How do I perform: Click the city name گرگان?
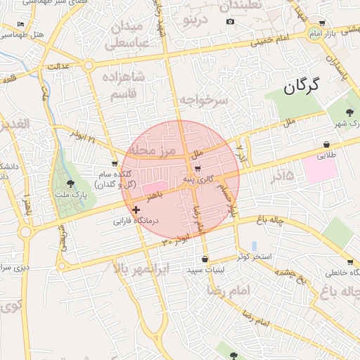(301, 86)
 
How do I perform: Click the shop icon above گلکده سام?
(115, 163)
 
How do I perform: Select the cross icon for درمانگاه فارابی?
(136, 210)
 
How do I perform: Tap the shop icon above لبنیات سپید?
(205, 259)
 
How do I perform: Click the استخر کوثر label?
(255, 256)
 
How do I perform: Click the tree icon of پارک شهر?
(349, 112)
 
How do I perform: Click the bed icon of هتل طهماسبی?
(21, 25)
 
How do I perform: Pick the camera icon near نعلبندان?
(230, 22)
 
